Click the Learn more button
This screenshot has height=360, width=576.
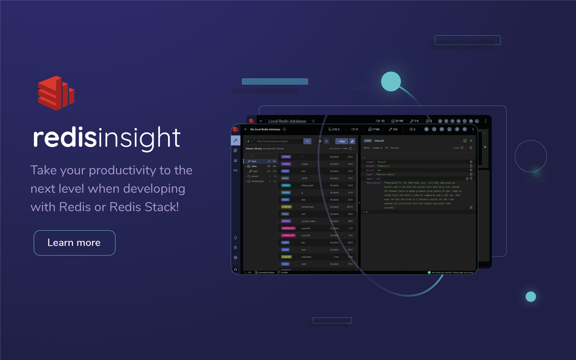click(74, 243)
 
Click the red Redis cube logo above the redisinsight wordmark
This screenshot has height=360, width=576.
click(56, 93)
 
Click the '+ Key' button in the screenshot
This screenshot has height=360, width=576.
click(341, 141)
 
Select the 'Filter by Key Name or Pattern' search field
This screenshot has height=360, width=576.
click(279, 141)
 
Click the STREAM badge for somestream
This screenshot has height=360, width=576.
click(286, 207)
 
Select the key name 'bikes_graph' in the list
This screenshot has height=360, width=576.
click(307, 185)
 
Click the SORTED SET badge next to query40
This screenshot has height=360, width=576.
click(288, 228)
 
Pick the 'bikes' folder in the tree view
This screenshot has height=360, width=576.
click(254, 166)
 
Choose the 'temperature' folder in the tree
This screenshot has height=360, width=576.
click(258, 181)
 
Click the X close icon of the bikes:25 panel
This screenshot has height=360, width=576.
click(471, 141)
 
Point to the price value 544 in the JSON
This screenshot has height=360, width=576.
click(378, 170)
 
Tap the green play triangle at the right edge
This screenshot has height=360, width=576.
click(485, 147)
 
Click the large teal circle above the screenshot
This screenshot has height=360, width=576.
click(391, 81)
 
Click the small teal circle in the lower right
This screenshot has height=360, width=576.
click(531, 296)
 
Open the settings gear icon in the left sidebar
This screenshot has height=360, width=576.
click(236, 257)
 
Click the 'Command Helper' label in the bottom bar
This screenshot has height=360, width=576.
click(266, 272)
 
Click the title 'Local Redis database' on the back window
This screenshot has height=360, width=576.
click(287, 121)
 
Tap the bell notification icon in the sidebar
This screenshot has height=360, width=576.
click(236, 238)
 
